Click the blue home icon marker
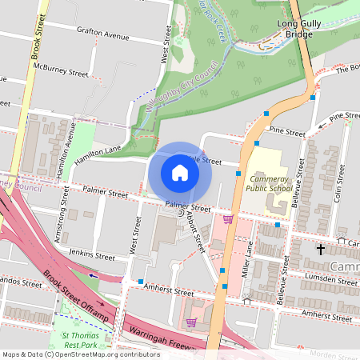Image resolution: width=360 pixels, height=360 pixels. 180,173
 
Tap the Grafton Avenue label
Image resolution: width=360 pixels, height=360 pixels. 103,36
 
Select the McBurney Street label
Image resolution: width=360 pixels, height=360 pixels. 66,72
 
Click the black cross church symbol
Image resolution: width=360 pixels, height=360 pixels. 321,250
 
